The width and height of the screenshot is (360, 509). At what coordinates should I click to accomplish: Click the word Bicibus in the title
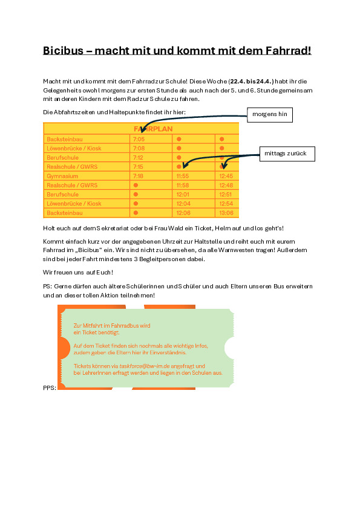pos(64,51)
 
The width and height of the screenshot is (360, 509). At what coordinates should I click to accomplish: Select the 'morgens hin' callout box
pos(270,115)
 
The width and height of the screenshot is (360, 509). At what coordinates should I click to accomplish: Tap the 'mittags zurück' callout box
pos(287,154)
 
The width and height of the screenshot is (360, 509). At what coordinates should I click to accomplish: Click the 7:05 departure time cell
pos(139,139)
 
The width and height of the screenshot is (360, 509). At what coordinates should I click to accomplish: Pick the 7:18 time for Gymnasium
pos(138,176)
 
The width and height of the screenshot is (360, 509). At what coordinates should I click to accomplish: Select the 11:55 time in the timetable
pos(183,176)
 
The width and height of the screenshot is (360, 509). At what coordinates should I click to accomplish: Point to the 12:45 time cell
pos(226,176)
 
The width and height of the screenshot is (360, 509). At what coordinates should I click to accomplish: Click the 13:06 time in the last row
pos(226,213)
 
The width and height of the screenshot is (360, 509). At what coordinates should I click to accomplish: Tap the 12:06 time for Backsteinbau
pos(183,213)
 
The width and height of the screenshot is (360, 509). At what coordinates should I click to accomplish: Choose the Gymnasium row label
pos(62,177)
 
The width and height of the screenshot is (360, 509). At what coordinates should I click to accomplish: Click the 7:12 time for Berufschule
pos(138,157)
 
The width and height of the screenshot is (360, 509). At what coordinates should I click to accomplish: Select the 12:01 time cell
pos(183,195)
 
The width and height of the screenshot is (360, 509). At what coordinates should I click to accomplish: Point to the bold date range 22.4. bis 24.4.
pos(252,81)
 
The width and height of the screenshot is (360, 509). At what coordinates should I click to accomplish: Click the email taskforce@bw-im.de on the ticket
pos(145,366)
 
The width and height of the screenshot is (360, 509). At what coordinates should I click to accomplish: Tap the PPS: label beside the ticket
pos(50,388)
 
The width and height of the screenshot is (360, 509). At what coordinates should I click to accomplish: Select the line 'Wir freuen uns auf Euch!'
pos(78,273)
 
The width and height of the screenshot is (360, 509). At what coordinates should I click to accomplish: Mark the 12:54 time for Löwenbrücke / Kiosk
pos(226,204)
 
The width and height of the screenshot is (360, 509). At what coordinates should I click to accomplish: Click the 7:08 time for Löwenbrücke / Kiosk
pos(139,148)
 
